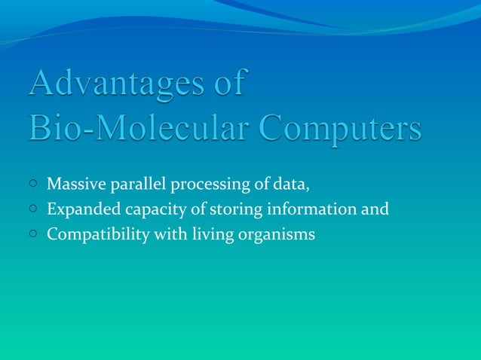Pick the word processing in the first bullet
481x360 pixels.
click(x=206, y=185)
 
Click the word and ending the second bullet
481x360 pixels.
click(x=375, y=209)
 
